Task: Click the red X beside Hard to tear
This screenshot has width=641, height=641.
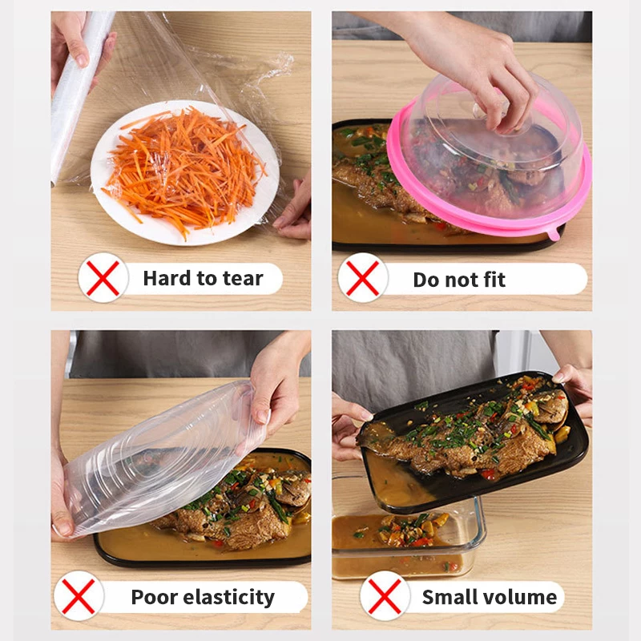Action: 103,278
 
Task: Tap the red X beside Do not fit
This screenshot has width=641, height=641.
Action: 363,278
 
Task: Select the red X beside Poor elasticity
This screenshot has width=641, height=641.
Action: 79,596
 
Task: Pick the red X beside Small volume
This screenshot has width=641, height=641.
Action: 385,596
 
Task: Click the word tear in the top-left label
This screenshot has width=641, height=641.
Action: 242,279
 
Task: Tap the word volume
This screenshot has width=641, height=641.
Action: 524,597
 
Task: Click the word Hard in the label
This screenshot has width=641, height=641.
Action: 167,279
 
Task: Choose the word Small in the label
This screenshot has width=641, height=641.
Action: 452,597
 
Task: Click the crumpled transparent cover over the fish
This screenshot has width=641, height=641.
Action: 160,457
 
